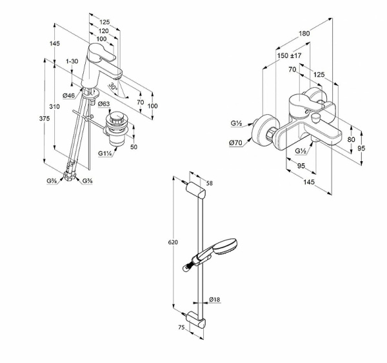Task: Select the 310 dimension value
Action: pyautogui.click(x=55, y=106)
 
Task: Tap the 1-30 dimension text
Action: pyautogui.click(x=72, y=61)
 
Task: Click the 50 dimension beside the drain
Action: pyautogui.click(x=134, y=147)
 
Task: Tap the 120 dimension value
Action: pyautogui.click(x=103, y=30)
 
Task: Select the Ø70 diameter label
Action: pyautogui.click(x=236, y=142)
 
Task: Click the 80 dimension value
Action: pyautogui.click(x=351, y=139)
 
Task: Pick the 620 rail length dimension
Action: pyautogui.click(x=173, y=242)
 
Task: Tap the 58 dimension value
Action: pyautogui.click(x=208, y=184)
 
